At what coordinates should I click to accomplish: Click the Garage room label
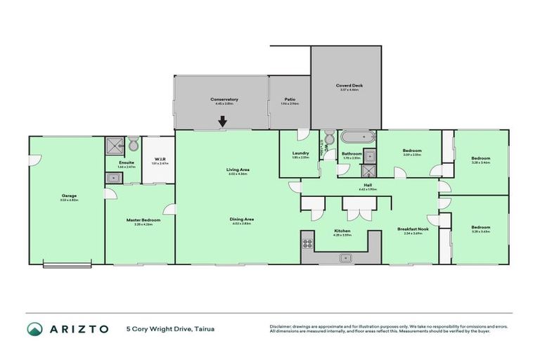(68, 195)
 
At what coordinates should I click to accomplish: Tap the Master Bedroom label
(143, 220)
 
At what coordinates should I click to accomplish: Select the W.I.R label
(160, 159)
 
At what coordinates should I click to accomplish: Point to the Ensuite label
(127, 162)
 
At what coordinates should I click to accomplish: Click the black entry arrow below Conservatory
(223, 122)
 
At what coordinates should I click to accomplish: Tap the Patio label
(290, 99)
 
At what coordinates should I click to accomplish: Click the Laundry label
(300, 153)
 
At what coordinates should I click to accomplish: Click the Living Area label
(238, 169)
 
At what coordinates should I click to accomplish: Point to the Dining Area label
(242, 219)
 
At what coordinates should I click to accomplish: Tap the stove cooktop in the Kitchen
(307, 244)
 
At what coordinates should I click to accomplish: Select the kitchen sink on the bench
(345, 258)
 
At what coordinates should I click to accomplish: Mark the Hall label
(368, 186)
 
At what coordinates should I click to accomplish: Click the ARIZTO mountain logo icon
(34, 329)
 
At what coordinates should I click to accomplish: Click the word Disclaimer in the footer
(282, 326)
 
